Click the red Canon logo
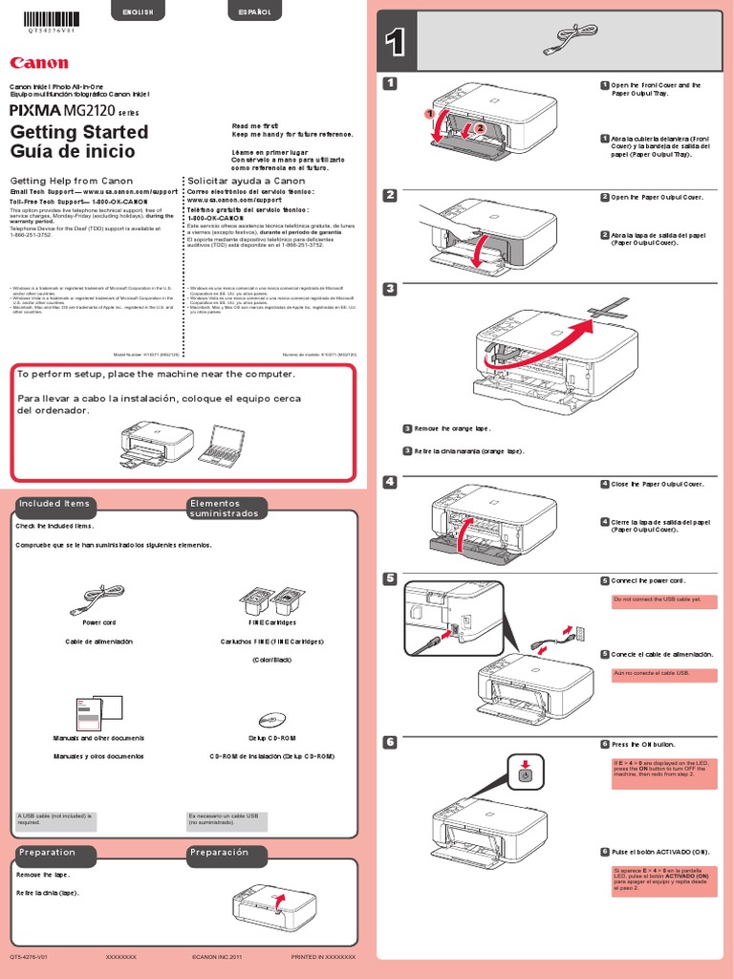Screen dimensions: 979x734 click(x=39, y=63)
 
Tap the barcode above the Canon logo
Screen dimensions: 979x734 click(x=47, y=19)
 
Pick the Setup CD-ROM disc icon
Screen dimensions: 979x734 click(x=273, y=719)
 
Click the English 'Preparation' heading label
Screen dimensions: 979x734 click(x=47, y=852)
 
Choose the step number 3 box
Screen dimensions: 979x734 click(x=389, y=289)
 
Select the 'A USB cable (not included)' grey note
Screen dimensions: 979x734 click(x=55, y=820)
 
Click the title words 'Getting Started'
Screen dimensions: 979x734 click(x=78, y=132)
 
